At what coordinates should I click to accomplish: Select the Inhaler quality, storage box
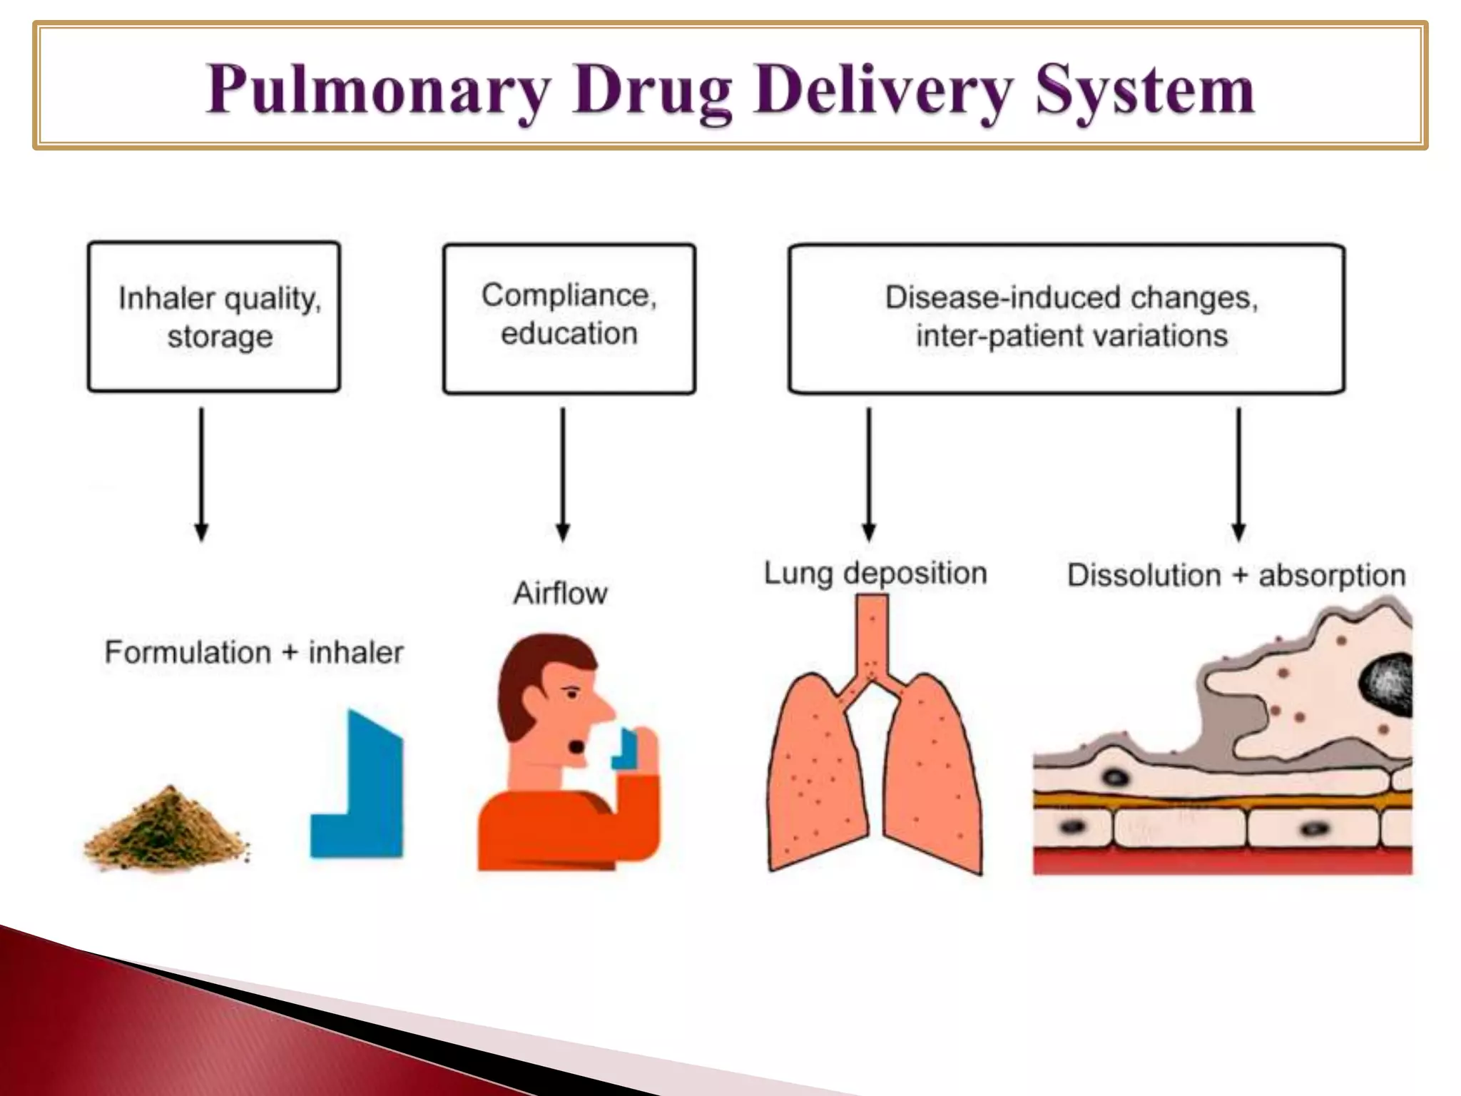point(214,317)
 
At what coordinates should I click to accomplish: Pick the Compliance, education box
point(569,318)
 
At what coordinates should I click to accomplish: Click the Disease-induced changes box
point(1067,318)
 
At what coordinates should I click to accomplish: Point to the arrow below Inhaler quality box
point(201,474)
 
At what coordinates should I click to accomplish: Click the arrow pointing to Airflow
point(563,474)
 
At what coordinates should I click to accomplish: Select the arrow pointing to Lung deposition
point(868,474)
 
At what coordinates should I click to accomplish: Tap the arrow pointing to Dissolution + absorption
point(1238,474)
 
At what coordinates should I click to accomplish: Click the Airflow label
point(560,593)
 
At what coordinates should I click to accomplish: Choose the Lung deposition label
point(875,573)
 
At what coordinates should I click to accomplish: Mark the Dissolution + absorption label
point(1236,575)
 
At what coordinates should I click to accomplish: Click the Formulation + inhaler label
point(254,652)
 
